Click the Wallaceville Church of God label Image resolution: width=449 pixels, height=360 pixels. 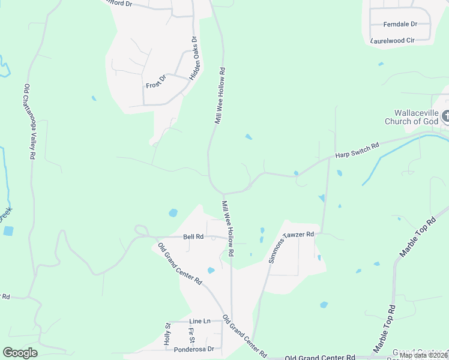click(416, 117)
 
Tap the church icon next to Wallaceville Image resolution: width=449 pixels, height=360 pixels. click(445, 116)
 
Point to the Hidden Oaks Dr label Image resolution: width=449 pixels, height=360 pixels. click(193, 59)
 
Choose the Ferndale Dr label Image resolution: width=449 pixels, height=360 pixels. click(400, 24)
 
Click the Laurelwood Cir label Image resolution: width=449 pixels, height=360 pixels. click(393, 40)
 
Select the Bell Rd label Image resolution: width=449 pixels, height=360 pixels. click(194, 237)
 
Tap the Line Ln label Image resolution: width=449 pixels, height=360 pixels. click(200, 321)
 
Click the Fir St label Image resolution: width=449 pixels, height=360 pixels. click(191, 334)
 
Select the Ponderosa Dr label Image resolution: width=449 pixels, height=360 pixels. click(194, 349)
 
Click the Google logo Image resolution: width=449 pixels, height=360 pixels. click(20, 353)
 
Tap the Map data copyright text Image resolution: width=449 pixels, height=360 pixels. click(423, 355)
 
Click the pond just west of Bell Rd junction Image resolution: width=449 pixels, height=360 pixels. click(173, 212)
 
